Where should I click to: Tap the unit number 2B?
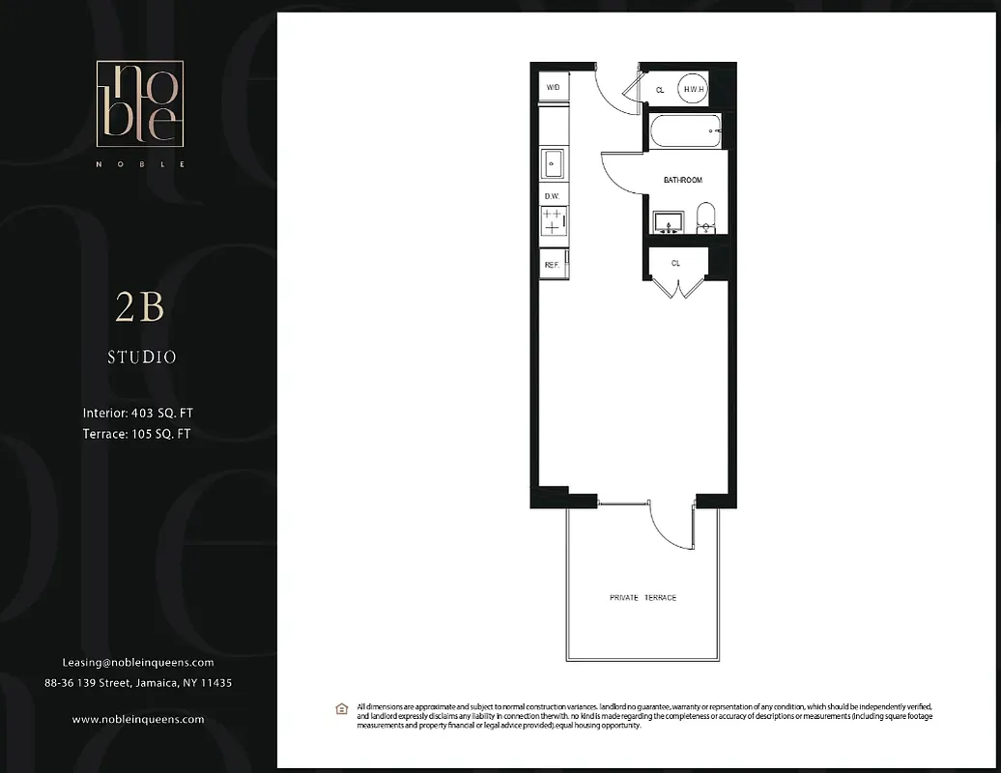pos(140,307)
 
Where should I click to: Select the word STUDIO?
pos(141,358)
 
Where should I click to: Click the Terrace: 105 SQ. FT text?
pos(136,434)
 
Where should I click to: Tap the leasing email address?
pos(138,663)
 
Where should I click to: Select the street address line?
pos(138,683)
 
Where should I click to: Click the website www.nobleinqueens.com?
pos(138,720)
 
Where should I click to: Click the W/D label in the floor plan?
pos(554,87)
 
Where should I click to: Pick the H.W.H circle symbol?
pos(693,89)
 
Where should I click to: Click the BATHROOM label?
pos(682,181)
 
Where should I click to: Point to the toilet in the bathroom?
pos(705,218)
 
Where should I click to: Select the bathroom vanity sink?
pos(667,222)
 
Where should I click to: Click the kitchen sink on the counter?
pos(554,164)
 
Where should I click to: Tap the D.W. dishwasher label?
pos(553,196)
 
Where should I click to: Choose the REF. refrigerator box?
pos(553,264)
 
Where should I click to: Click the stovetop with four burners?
pos(553,221)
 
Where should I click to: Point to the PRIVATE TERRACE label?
pos(643,598)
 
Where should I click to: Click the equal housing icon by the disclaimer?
pos(341,709)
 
